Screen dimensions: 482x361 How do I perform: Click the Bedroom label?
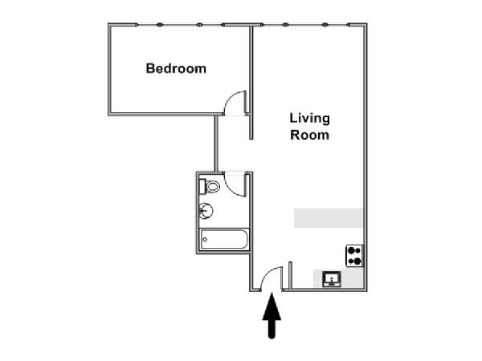point(176,68)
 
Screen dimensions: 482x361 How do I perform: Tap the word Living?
point(309,119)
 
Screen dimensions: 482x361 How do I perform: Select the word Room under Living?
point(309,135)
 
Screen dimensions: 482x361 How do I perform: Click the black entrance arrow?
point(272,315)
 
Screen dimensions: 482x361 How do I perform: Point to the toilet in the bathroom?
point(210,186)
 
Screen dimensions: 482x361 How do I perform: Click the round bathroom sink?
point(206,211)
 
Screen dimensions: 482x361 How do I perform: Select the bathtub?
point(224,239)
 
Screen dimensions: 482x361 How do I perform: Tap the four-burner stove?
point(355,256)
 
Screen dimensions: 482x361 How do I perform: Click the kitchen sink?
point(331,279)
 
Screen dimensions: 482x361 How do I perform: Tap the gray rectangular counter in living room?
point(329,218)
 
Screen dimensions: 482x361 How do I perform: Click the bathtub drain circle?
point(205,239)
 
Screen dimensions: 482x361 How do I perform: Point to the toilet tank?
point(202,186)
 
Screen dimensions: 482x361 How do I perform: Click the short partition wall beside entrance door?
point(290,275)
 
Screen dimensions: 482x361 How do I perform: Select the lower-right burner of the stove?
point(357,262)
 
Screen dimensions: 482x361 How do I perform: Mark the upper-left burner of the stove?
point(351,250)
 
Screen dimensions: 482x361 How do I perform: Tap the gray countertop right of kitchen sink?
point(352,278)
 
